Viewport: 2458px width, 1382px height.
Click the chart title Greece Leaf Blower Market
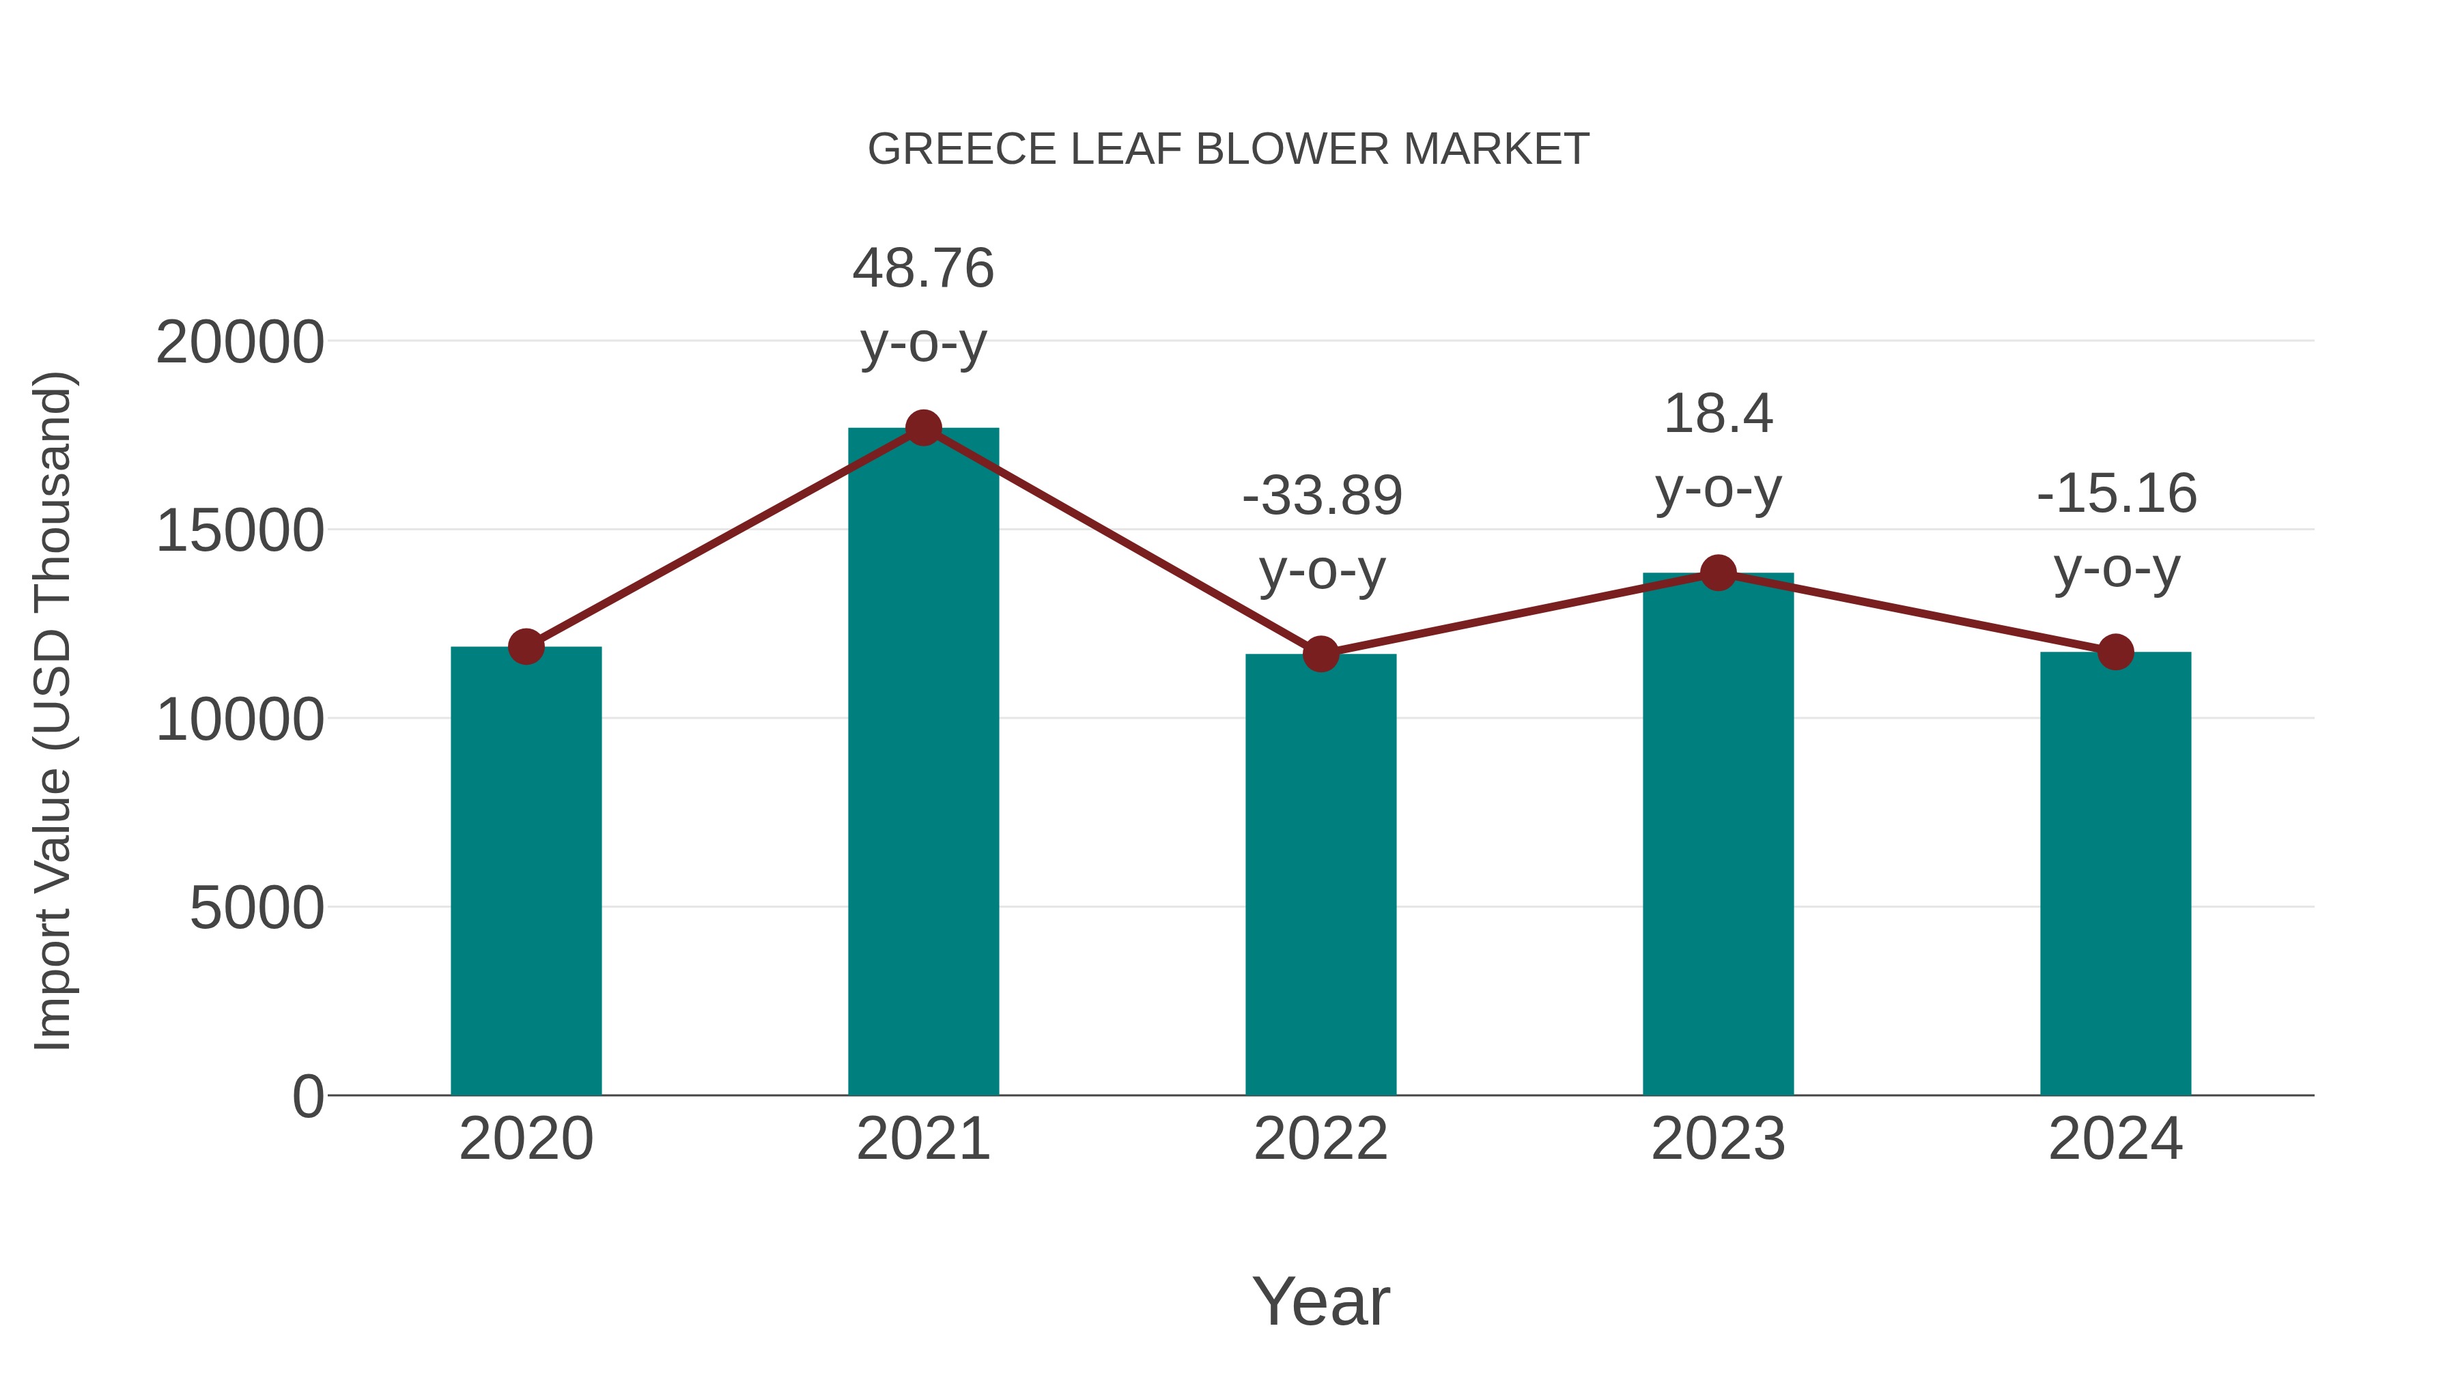click(1228, 149)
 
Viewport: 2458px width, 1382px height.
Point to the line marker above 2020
click(526, 647)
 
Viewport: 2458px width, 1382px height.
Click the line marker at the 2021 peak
click(922, 428)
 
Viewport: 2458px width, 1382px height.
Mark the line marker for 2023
click(1718, 573)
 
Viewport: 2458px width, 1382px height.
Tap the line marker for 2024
click(2115, 652)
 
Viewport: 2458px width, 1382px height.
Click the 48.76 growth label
click(922, 268)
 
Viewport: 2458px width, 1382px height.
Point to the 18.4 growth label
click(1718, 414)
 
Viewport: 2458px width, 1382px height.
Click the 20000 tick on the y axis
click(240, 343)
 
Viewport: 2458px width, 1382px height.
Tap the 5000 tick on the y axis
click(256, 908)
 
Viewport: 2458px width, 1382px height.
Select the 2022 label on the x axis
click(1320, 1139)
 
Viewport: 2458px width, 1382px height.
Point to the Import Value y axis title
click(53, 710)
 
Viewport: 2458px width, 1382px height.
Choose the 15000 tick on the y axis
click(240, 531)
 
